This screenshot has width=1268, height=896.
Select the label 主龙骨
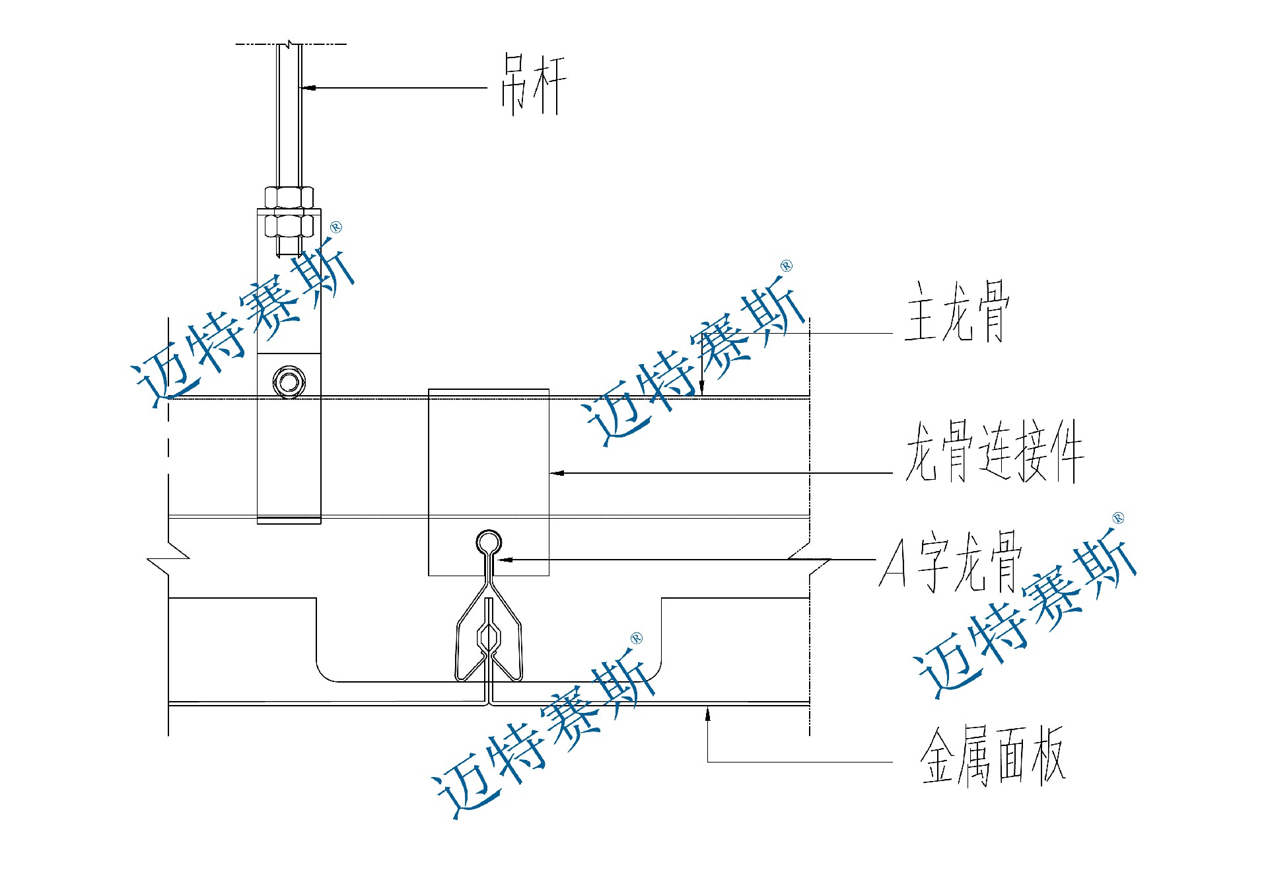tap(957, 312)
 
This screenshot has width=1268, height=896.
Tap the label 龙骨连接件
tap(994, 452)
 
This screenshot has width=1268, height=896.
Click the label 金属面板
tap(993, 756)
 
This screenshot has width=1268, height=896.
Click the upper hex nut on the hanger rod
tap(289, 198)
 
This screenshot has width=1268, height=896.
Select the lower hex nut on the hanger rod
tap(289, 226)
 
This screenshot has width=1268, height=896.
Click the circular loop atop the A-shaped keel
tap(489, 542)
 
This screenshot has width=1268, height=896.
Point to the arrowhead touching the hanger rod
tap(307, 87)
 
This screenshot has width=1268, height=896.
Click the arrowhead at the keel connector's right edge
tap(557, 473)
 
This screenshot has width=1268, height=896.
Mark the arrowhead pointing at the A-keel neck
tap(505, 560)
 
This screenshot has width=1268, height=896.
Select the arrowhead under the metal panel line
tap(708, 712)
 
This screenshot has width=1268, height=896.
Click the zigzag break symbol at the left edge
tap(168, 558)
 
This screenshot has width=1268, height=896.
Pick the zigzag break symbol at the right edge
tap(810, 558)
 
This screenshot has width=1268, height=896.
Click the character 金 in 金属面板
tap(938, 756)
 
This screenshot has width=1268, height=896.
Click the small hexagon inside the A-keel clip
tap(489, 638)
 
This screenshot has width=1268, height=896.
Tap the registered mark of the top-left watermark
tap(336, 228)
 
